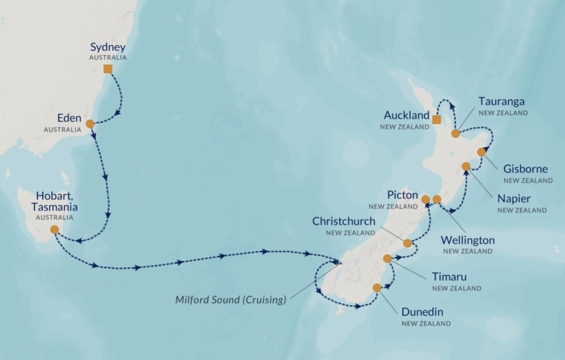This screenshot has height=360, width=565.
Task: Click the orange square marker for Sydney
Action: (x=107, y=69)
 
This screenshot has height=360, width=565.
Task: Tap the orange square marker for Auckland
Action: (x=436, y=119)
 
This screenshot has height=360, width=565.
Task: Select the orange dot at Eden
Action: (x=90, y=124)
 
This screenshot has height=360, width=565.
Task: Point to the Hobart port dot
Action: (x=54, y=229)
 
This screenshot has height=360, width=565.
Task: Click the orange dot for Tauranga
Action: (x=455, y=133)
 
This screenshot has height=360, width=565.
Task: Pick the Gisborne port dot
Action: (x=481, y=152)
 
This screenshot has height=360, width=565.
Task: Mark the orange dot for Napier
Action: (x=466, y=166)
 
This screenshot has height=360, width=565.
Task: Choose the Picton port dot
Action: (x=426, y=199)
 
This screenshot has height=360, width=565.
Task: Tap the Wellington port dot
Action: (x=437, y=199)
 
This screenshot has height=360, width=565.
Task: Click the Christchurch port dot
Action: (x=407, y=243)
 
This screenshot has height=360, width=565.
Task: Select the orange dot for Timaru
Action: (x=387, y=259)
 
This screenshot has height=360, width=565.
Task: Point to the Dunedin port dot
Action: (x=377, y=288)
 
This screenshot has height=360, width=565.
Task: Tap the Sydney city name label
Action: (x=107, y=47)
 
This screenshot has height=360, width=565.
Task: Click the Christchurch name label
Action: (x=344, y=222)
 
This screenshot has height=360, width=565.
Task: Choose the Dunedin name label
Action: (x=422, y=312)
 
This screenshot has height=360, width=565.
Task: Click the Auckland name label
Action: (x=407, y=115)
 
